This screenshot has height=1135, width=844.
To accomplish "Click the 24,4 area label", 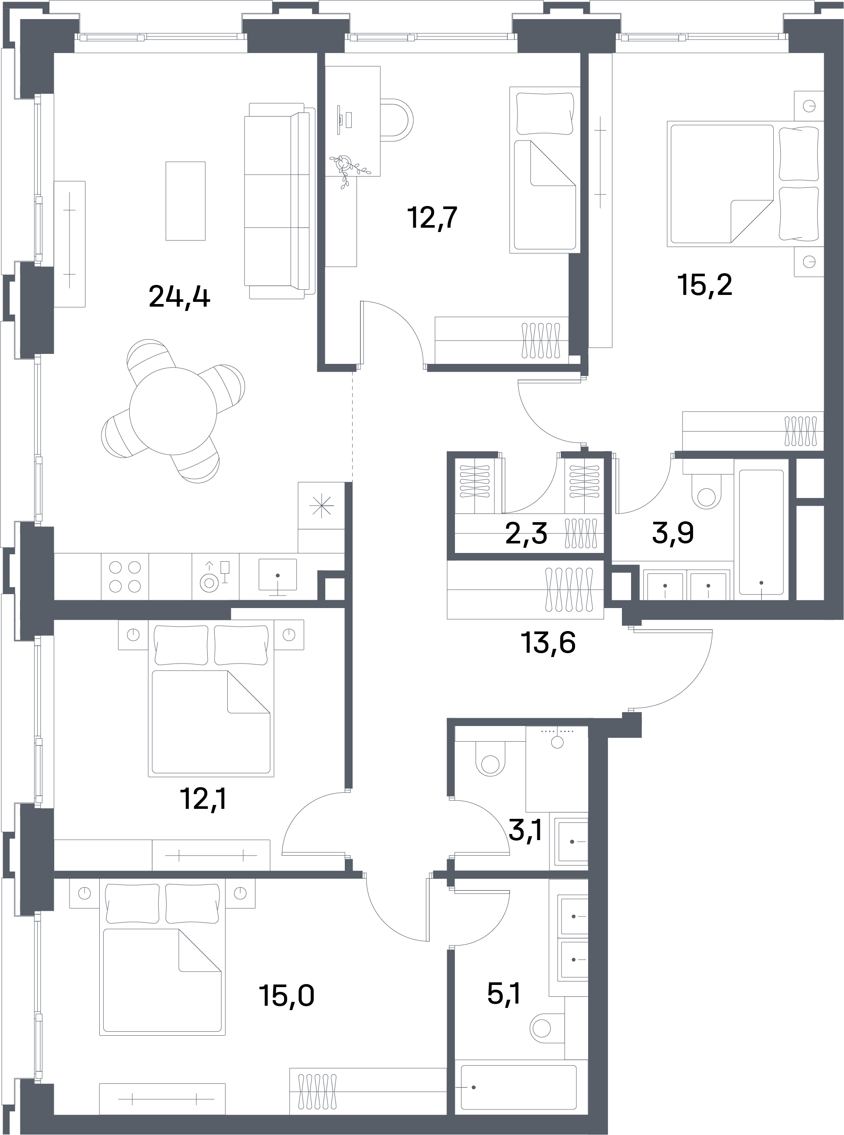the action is pyautogui.click(x=179, y=297).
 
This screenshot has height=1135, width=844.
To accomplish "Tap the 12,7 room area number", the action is pyautogui.click(x=432, y=218).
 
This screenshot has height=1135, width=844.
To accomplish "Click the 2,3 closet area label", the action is pyautogui.click(x=526, y=534).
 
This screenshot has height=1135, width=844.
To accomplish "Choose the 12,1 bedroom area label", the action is pyautogui.click(x=203, y=799).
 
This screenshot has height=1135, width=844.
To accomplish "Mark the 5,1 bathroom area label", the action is pyautogui.click(x=504, y=993).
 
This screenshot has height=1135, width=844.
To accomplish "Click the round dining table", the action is pyautogui.click(x=173, y=411).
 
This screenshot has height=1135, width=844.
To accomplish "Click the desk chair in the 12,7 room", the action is pyautogui.click(x=396, y=120).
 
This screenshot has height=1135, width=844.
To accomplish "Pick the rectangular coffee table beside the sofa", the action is pyautogui.click(x=186, y=201).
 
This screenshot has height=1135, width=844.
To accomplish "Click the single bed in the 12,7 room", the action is pyautogui.click(x=545, y=170).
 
